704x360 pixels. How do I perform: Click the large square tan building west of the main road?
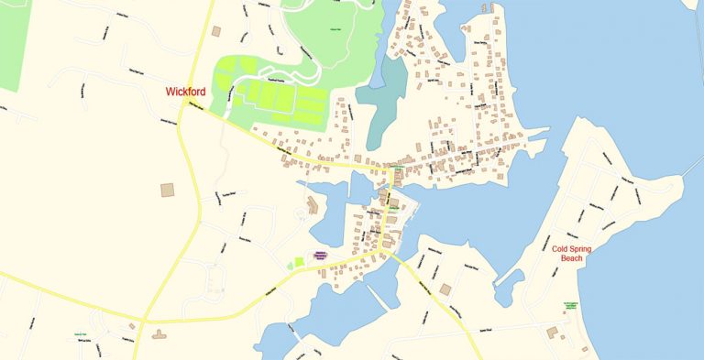(x=168, y=190)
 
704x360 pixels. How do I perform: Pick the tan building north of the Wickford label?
(x=216, y=31)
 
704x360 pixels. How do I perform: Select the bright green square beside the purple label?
(x=300, y=263)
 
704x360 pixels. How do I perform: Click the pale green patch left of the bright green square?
(x=290, y=265)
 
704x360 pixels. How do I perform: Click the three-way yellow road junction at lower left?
(x=144, y=322)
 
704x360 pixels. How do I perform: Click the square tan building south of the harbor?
(x=445, y=289)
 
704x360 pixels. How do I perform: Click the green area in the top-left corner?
(x=13, y=41)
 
